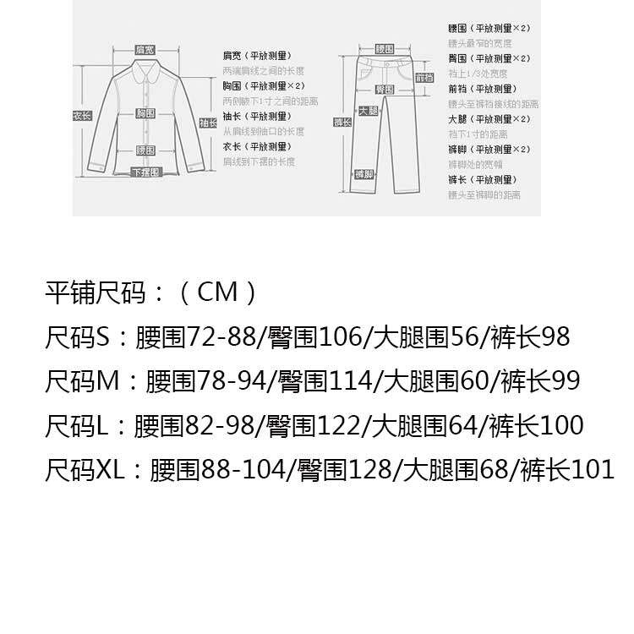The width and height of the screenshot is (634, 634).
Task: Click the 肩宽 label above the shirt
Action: [145, 51]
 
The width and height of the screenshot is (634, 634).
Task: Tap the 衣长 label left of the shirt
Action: [81, 116]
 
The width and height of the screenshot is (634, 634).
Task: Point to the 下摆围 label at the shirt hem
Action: [145, 172]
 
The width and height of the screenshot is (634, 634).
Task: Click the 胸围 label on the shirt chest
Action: [145, 112]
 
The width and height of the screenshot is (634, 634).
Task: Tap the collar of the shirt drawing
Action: [145, 66]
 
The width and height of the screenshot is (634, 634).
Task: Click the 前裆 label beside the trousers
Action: [425, 78]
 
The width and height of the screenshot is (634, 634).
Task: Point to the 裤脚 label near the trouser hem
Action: [363, 173]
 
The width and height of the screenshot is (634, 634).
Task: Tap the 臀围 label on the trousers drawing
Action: [385, 89]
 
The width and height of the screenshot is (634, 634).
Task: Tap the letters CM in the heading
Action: [218, 293]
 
